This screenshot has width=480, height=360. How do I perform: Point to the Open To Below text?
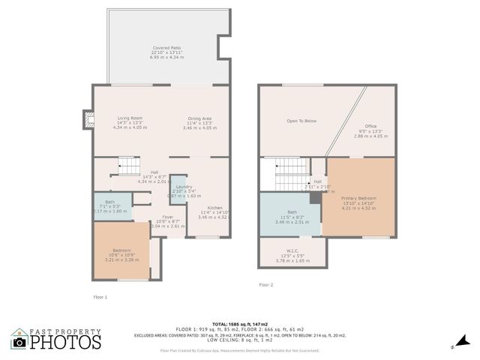point(301,120)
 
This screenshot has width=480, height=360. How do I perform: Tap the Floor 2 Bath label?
point(292,212)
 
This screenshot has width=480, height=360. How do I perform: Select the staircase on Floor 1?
point(128,166)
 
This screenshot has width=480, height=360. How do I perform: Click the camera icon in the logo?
point(19,342)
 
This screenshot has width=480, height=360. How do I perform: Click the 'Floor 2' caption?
point(266,285)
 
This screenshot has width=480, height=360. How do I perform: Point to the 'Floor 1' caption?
point(100,297)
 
